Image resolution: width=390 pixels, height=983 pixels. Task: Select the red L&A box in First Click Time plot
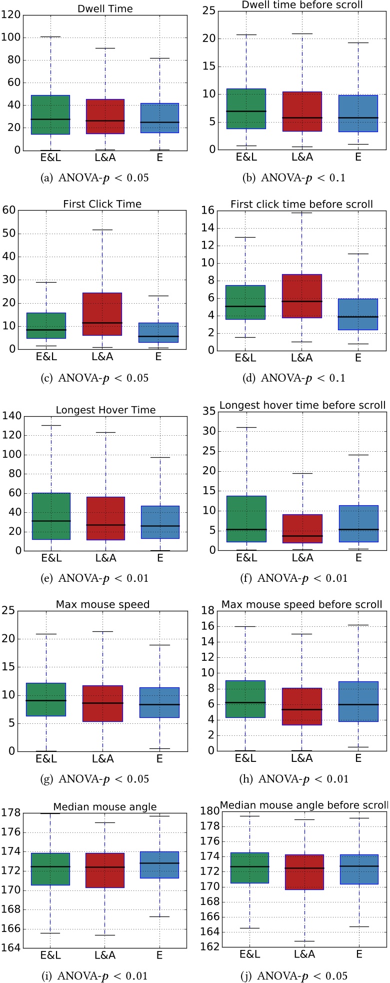point(102,314)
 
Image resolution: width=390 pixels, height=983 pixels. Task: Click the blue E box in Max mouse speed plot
point(159,702)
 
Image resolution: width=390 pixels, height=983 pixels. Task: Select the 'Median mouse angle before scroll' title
point(303,805)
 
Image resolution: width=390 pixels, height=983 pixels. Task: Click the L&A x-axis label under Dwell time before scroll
point(302,157)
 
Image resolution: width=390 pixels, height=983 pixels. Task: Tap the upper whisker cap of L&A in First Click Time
point(102,230)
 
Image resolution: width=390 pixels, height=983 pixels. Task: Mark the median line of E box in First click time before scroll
point(358,317)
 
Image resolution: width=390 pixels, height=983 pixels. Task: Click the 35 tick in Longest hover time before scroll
point(208,411)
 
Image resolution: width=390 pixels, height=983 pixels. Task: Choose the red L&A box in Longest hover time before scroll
point(302,528)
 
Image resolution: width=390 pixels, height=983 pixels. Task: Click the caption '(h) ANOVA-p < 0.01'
point(303,778)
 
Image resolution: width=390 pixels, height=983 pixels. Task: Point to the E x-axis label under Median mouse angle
point(159,955)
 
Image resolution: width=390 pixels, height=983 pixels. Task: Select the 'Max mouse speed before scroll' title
point(302,604)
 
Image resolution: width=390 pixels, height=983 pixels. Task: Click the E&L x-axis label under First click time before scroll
point(245,357)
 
